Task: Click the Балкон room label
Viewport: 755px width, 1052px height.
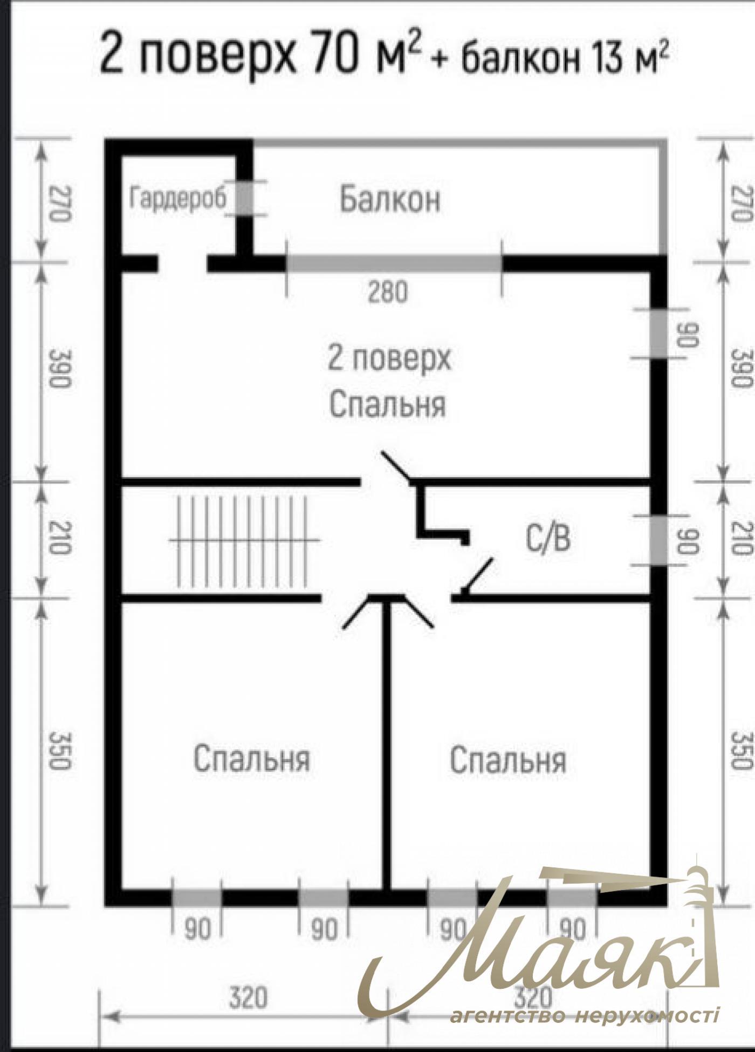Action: pyautogui.click(x=389, y=199)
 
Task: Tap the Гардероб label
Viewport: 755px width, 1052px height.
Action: pyautogui.click(x=177, y=198)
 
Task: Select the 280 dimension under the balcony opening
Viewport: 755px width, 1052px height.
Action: pyautogui.click(x=388, y=293)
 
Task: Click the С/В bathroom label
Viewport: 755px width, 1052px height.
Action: pyautogui.click(x=547, y=539)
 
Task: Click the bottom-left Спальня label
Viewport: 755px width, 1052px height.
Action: pyautogui.click(x=251, y=758)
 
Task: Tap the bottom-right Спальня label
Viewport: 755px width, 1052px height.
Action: pyautogui.click(x=508, y=760)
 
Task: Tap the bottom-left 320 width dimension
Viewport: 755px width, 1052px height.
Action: pyautogui.click(x=248, y=997)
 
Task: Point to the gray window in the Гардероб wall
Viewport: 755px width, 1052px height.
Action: pyautogui.click(x=245, y=199)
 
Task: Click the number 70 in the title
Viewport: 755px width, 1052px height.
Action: pyautogui.click(x=336, y=56)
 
